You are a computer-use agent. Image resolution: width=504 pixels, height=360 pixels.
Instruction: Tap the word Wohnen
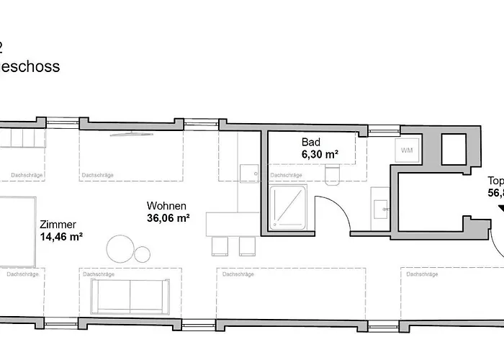click(x=167, y=205)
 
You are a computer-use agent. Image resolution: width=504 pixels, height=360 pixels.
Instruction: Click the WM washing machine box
click(x=407, y=150)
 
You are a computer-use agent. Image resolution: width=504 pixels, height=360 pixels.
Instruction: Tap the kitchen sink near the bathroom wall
click(x=248, y=174)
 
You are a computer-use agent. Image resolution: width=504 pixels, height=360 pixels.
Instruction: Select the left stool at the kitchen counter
click(x=220, y=246)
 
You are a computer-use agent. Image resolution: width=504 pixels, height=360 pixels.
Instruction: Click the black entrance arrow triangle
click(x=500, y=209)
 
